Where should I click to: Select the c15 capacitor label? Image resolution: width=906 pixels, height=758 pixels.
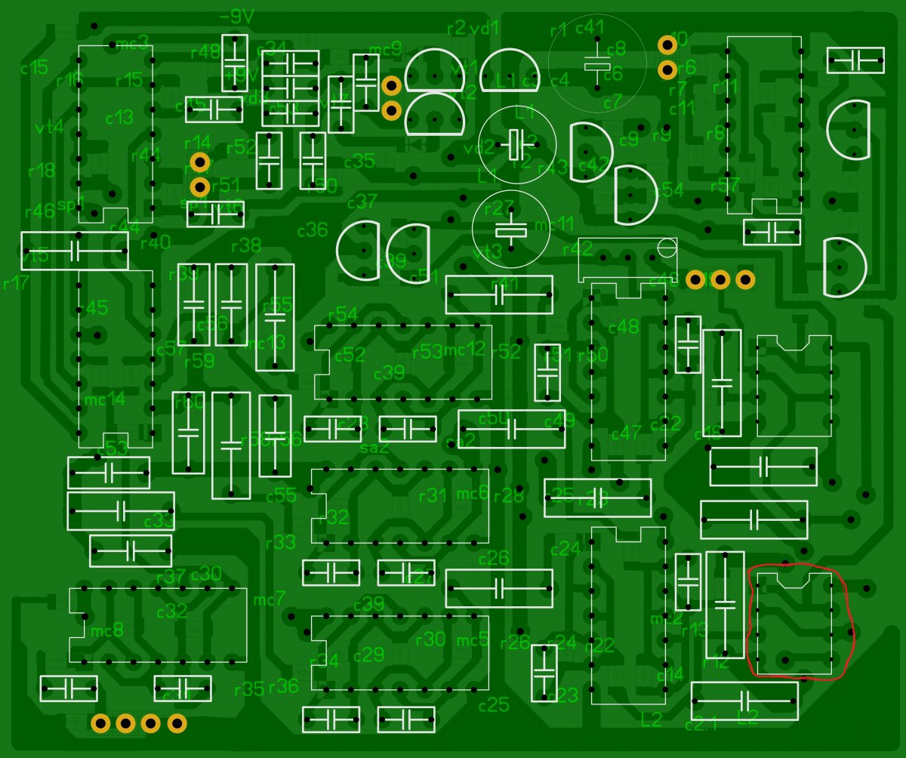[34, 67]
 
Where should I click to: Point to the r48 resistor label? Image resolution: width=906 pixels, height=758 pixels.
[205, 51]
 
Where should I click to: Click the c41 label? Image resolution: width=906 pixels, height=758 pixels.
[590, 28]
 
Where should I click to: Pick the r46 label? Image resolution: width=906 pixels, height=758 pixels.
[40, 211]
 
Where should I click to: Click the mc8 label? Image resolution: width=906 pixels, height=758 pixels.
[106, 630]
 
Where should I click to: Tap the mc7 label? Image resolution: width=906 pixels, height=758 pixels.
[270, 600]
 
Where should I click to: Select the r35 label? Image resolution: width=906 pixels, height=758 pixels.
[249, 689]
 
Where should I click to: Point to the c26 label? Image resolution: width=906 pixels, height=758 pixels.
[494, 558]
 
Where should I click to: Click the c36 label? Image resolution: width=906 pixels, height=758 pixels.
[313, 230]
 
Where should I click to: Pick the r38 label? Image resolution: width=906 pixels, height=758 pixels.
[245, 245]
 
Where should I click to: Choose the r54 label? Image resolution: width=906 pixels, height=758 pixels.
[343, 313]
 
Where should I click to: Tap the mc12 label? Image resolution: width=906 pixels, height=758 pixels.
[465, 350]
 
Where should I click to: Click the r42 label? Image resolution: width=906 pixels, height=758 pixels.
[578, 248]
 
